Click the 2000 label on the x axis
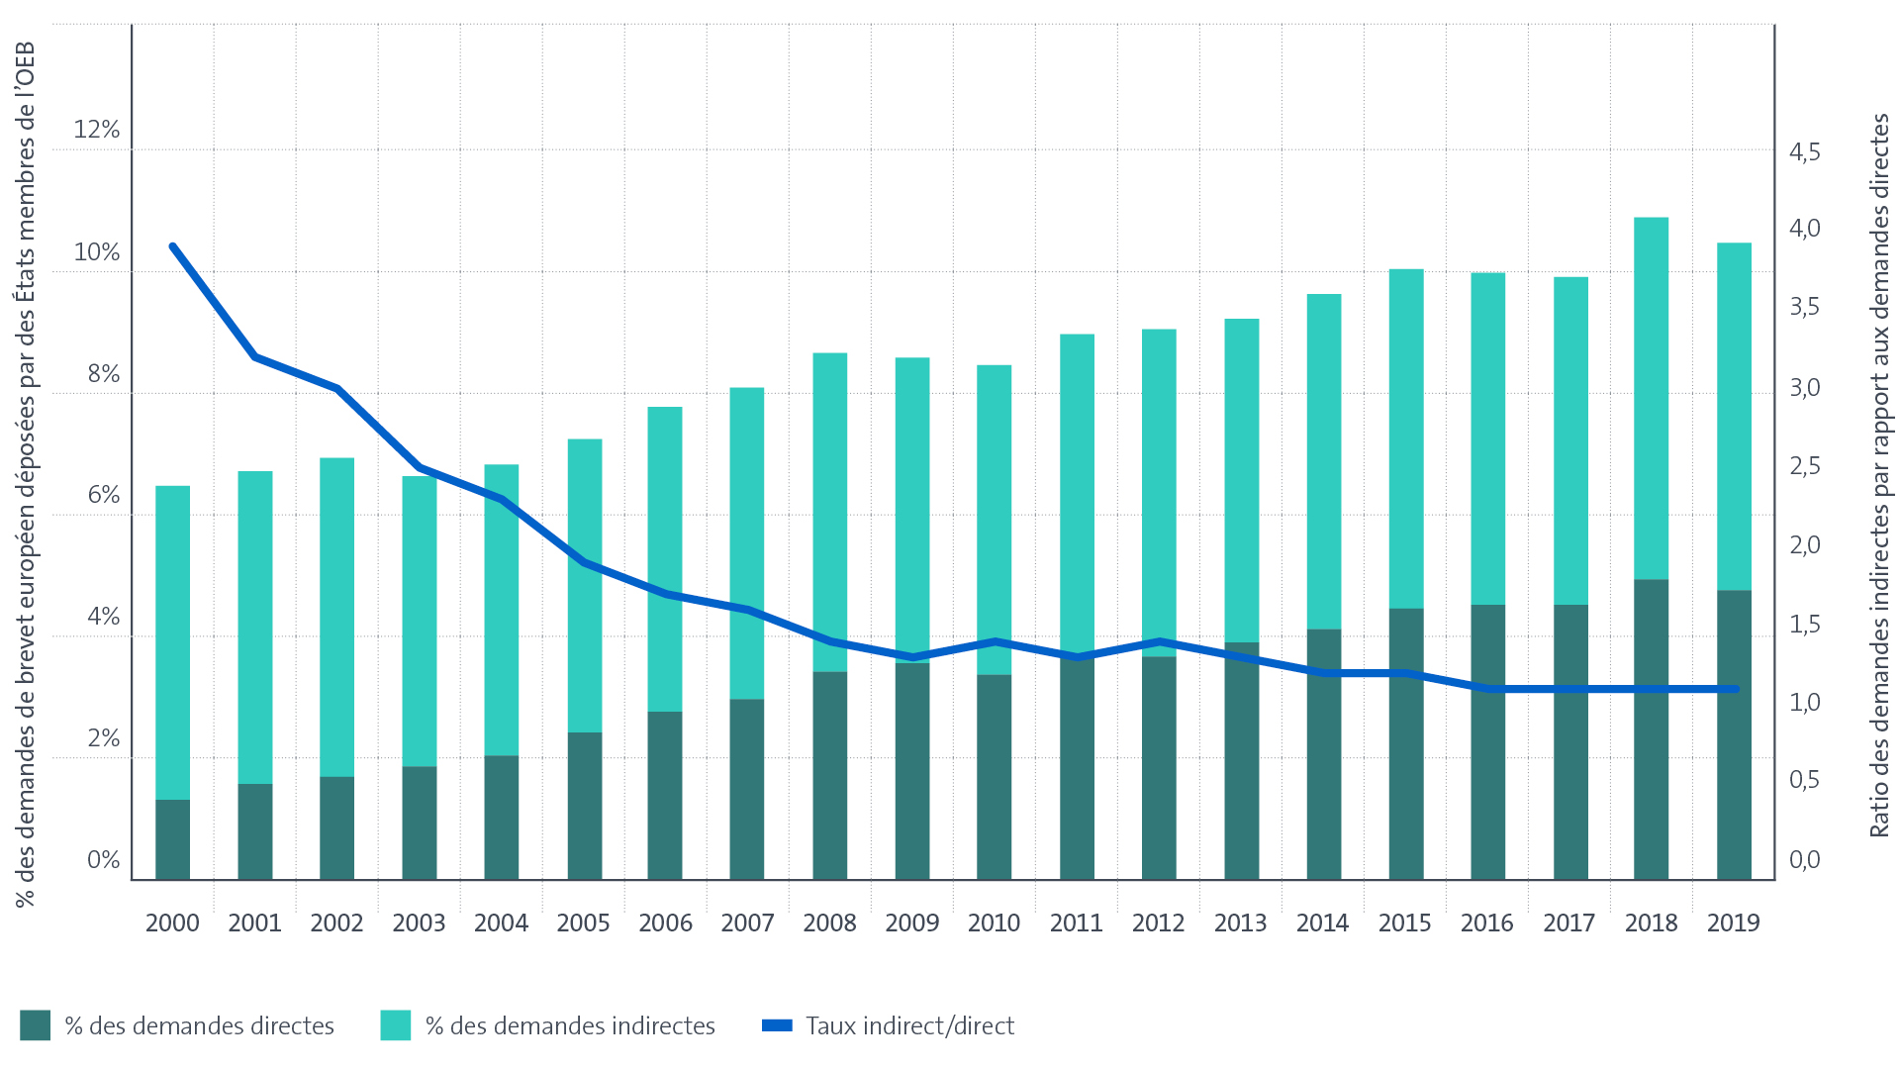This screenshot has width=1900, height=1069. click(172, 923)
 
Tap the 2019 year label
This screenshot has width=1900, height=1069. click(1733, 923)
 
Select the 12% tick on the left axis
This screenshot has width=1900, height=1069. click(96, 130)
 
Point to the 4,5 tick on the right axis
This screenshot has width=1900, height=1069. click(1804, 152)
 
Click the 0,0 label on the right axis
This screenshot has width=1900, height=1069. click(1804, 859)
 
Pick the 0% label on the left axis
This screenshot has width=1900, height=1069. click(103, 859)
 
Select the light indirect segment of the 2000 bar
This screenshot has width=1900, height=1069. click(172, 642)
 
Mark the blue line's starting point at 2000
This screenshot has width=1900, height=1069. click(173, 246)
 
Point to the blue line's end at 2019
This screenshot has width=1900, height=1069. click(1735, 689)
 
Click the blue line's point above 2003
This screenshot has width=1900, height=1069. click(420, 467)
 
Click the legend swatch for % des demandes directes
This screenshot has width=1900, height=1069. click(35, 1025)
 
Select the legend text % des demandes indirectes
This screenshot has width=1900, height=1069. click(570, 1025)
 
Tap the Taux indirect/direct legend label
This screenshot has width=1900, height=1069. click(909, 1025)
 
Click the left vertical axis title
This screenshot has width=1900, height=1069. click(25, 475)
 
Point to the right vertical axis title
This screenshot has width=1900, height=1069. click(1879, 475)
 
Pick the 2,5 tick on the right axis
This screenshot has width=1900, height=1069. click(1804, 466)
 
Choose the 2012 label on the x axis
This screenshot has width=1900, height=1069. click(1158, 923)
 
